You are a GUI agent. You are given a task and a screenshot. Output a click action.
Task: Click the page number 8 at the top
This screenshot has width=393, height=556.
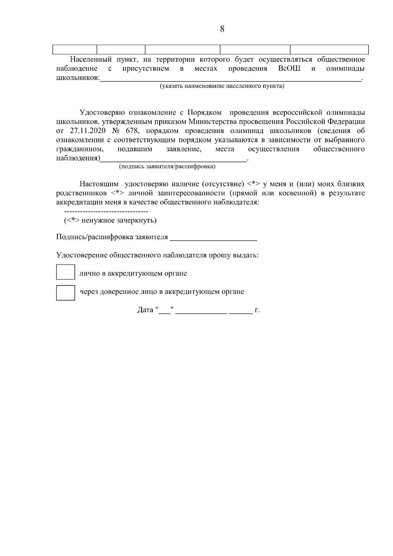222,29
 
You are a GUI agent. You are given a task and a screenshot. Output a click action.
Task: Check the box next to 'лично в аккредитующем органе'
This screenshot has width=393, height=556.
65,272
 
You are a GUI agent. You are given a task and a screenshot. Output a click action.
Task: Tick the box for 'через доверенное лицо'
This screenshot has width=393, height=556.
65,293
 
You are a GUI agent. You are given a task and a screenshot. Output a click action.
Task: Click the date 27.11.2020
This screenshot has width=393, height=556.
87,131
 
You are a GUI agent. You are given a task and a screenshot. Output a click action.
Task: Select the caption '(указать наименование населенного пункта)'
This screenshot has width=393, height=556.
222,86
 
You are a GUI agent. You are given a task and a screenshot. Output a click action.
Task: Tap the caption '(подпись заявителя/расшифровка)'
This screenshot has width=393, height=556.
167,167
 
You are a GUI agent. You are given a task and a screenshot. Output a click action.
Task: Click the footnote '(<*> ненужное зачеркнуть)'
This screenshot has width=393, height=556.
110,220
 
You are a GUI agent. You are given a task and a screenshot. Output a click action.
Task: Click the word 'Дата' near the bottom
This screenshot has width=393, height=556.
145,310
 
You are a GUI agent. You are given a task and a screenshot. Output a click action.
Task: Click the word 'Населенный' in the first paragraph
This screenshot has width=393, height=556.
89,60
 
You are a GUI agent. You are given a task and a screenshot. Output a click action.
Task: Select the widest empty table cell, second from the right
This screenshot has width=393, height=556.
255,49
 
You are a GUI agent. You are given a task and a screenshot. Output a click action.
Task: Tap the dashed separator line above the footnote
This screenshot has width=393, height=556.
106,211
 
